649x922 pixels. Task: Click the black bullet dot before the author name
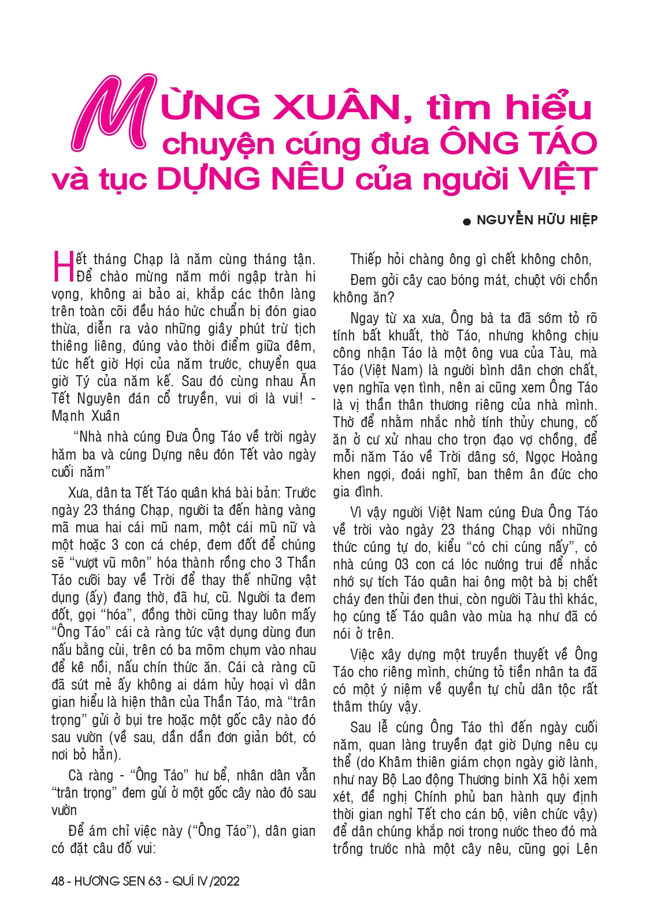pyautogui.click(x=467, y=221)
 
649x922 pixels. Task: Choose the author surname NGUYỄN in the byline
pyautogui.click(x=505, y=220)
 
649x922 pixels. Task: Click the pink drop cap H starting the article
pyautogui.click(x=62, y=266)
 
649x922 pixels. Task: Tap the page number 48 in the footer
pyautogui.click(x=58, y=881)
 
